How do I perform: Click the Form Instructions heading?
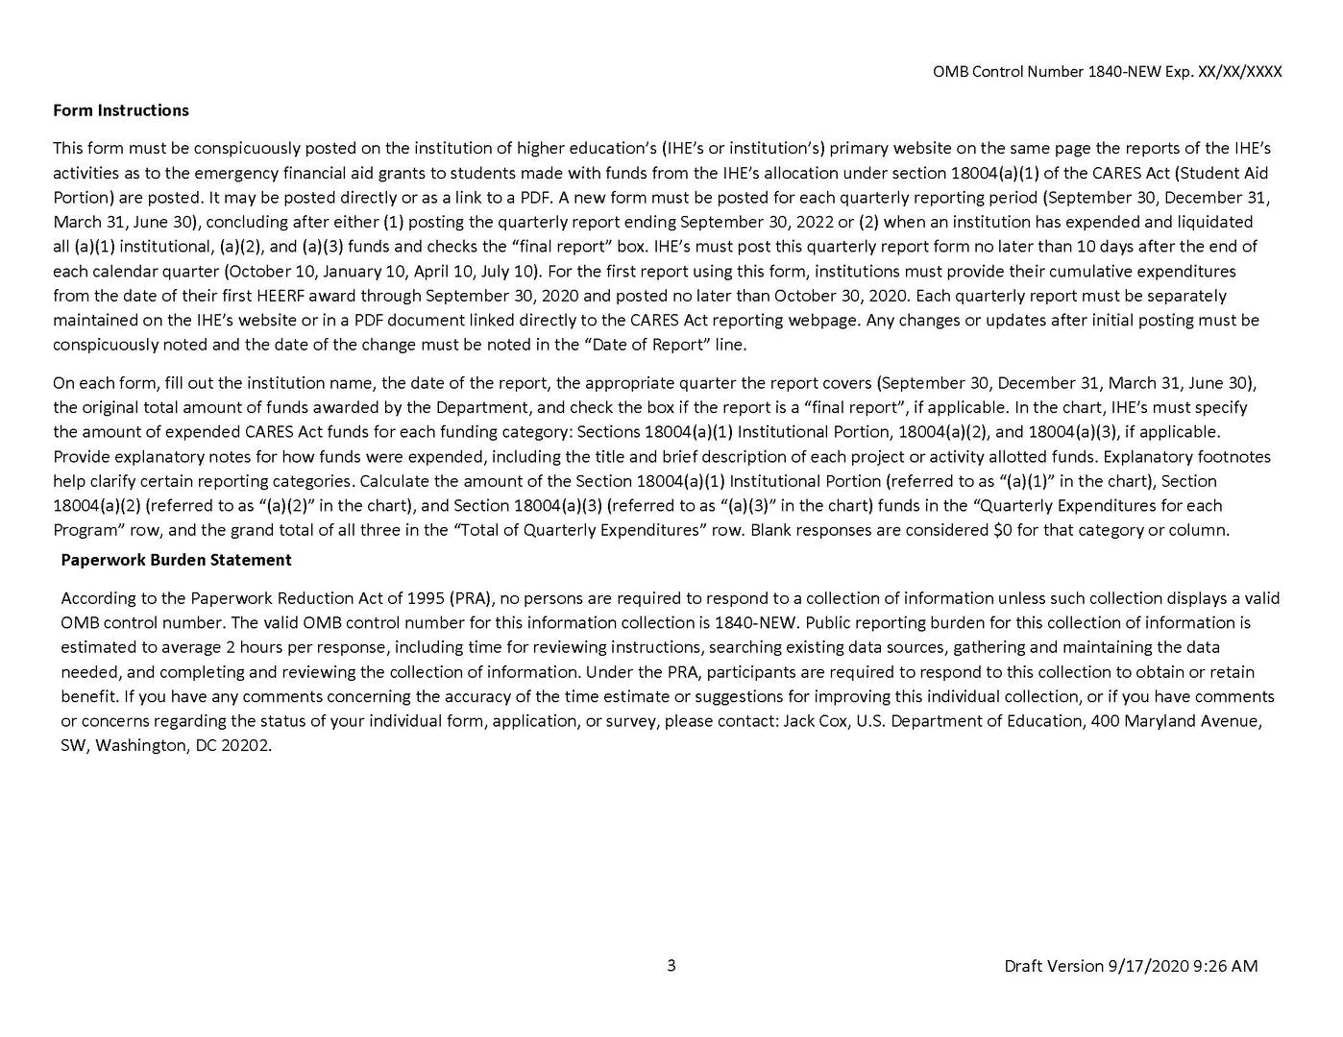coord(121,110)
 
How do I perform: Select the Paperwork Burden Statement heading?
coord(176,560)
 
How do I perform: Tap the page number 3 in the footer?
coord(671,965)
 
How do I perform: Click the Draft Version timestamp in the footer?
coord(1130,966)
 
